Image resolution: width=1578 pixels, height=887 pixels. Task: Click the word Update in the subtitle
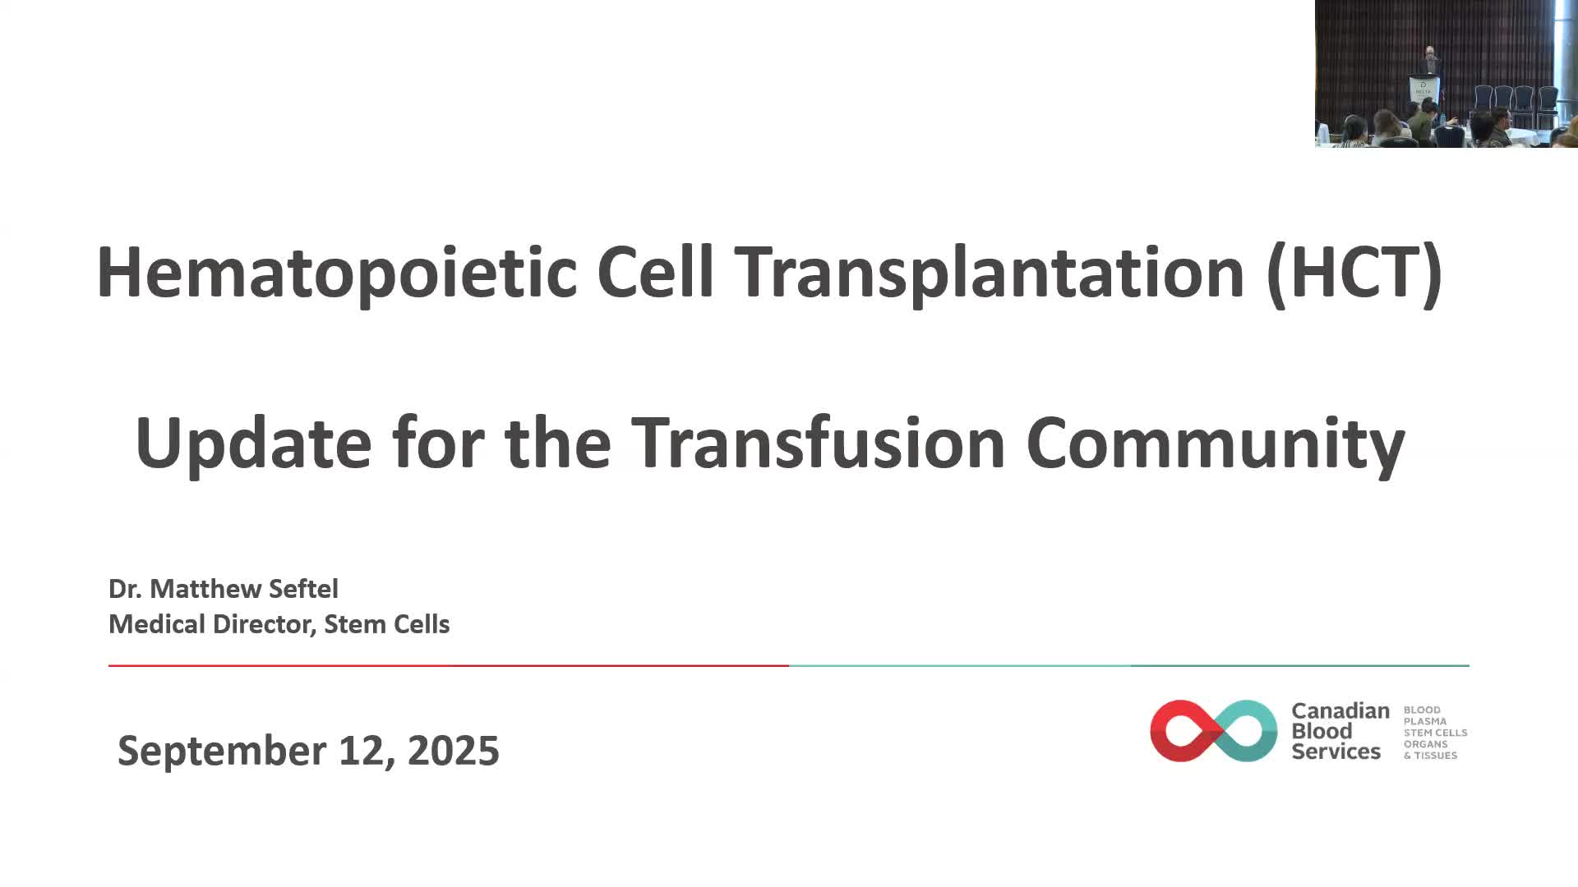point(254,443)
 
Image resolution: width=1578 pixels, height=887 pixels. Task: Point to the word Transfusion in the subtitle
point(819,442)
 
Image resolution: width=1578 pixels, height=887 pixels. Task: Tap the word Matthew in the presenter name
point(206,589)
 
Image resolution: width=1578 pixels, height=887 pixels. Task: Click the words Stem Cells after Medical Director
point(387,624)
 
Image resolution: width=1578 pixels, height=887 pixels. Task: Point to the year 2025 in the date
point(453,751)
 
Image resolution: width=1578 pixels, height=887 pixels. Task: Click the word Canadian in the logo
point(1340,710)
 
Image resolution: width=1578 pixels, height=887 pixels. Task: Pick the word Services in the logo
point(1336,751)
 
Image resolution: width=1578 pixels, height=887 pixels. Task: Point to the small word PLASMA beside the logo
point(1425,721)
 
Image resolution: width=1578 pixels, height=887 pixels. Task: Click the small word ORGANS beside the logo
point(1426,744)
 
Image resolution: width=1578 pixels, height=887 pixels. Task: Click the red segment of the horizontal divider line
point(449,665)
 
